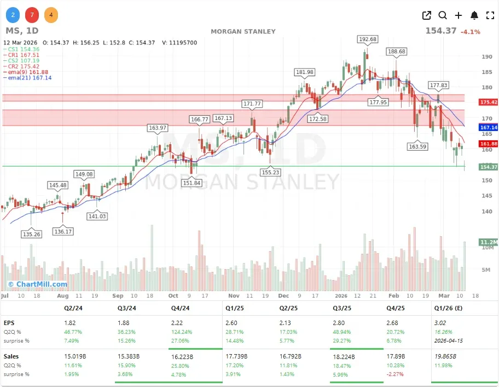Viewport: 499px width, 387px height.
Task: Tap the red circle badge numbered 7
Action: (31, 15)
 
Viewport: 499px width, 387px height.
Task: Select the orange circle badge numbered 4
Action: (50, 15)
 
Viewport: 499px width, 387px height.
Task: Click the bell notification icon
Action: (474, 15)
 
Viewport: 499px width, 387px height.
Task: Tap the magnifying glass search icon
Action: (443, 15)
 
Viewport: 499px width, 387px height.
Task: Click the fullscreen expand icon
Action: (490, 15)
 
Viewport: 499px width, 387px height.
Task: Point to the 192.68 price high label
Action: (367, 39)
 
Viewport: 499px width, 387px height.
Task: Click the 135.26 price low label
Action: (31, 234)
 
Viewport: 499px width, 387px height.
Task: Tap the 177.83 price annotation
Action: (439, 85)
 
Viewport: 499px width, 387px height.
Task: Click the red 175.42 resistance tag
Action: (488, 102)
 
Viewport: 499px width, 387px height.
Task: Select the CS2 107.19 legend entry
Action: (23, 60)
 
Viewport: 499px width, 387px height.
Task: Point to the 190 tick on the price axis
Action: (486, 56)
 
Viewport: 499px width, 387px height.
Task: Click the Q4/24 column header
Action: (179, 308)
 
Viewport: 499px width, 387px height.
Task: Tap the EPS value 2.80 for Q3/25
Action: (340, 323)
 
